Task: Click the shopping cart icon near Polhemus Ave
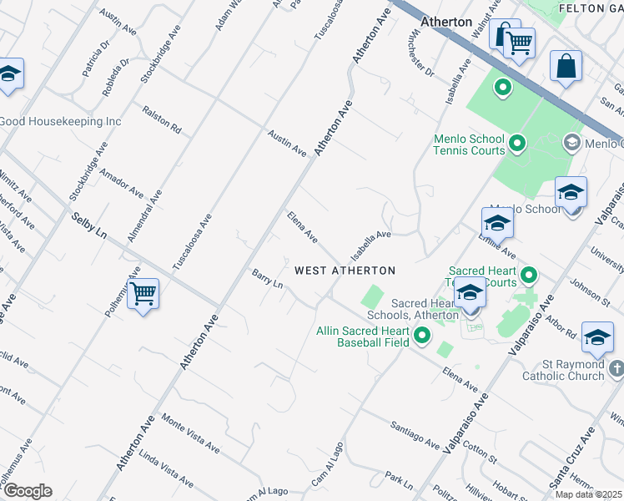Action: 143,294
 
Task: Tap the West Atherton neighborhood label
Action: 345,271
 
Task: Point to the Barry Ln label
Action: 268,278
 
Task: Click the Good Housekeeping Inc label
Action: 60,121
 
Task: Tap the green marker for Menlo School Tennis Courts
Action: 516,144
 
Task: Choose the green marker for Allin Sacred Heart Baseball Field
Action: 422,336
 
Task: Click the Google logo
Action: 28,490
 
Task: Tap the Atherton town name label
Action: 446,22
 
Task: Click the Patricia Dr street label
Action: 96,60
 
